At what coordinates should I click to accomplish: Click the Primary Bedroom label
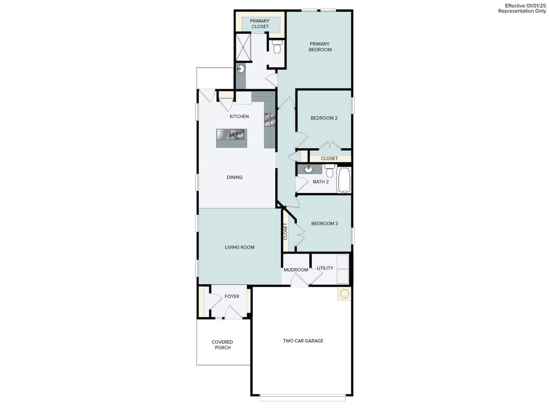pyautogui.click(x=320, y=47)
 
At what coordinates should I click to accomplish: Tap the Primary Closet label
pyautogui.click(x=260, y=24)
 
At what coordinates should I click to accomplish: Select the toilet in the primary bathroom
pyautogui.click(x=277, y=47)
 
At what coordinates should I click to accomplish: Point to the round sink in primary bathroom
pyautogui.click(x=241, y=69)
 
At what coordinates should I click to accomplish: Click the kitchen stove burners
pyautogui.click(x=269, y=119)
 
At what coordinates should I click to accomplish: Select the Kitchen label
pyautogui.click(x=239, y=116)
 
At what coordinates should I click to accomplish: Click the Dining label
pyautogui.click(x=235, y=177)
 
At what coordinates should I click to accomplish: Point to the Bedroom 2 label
pyautogui.click(x=324, y=118)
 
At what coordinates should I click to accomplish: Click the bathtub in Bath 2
pyautogui.click(x=344, y=180)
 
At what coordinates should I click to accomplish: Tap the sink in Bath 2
pyautogui.click(x=308, y=169)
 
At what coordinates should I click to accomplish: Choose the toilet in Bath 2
pyautogui.click(x=329, y=172)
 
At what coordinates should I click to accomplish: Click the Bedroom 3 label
pyautogui.click(x=324, y=224)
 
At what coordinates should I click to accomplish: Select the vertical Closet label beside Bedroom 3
pyautogui.click(x=286, y=232)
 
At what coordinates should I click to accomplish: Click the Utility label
pyautogui.click(x=325, y=268)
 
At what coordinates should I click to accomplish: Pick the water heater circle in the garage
pyautogui.click(x=344, y=294)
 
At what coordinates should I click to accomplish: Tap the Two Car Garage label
pyautogui.click(x=303, y=341)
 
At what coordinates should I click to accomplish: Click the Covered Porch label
pyautogui.click(x=222, y=345)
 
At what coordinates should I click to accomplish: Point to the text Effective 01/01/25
pyautogui.click(x=525, y=5)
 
